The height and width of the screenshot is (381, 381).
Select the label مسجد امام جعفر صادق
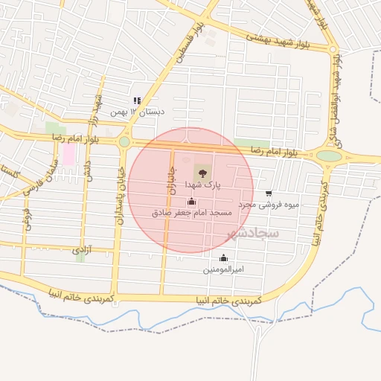(x=192, y=213)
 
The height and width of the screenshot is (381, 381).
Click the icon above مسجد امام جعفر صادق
(x=192, y=201)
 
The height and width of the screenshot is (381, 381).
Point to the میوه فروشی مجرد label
(x=269, y=203)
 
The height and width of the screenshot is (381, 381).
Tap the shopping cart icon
(x=269, y=193)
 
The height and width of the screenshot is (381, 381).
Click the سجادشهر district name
(x=254, y=234)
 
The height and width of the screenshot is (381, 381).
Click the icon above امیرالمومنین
(x=224, y=257)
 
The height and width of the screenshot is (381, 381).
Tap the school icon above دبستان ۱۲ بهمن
(x=136, y=100)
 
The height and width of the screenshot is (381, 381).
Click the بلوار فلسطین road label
(x=190, y=43)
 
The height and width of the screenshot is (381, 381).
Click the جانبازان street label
(x=168, y=181)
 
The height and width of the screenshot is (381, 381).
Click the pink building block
(x=68, y=155)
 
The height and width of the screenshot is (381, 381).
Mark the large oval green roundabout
(x=329, y=156)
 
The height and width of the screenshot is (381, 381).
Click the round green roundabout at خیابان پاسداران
(x=124, y=141)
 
